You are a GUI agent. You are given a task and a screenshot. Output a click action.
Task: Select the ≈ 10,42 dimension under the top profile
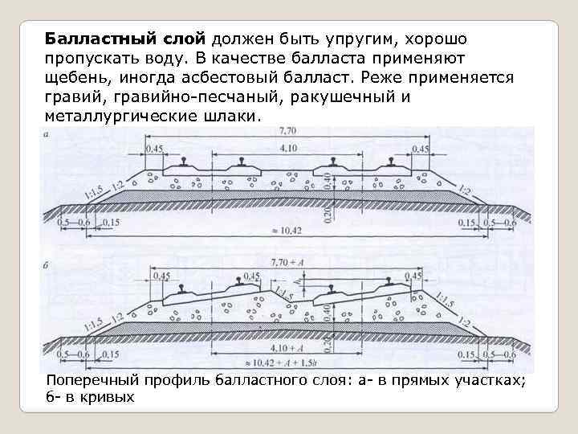coord(287,231)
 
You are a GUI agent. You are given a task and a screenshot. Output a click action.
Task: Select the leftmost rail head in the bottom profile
coord(184,289)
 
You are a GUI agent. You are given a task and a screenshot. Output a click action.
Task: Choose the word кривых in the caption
coord(106,397)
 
